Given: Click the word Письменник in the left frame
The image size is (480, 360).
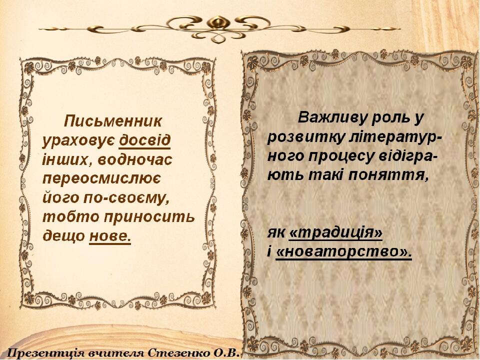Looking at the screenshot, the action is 112,121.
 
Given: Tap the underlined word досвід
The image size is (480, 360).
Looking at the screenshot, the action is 144,140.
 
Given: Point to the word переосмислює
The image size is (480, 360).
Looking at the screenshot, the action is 101,179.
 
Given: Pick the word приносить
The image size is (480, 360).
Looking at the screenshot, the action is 149,217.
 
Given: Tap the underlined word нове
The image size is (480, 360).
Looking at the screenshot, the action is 110,236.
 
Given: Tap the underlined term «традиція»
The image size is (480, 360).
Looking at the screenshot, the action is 335,233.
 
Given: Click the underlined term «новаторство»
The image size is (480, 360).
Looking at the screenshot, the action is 343,252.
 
